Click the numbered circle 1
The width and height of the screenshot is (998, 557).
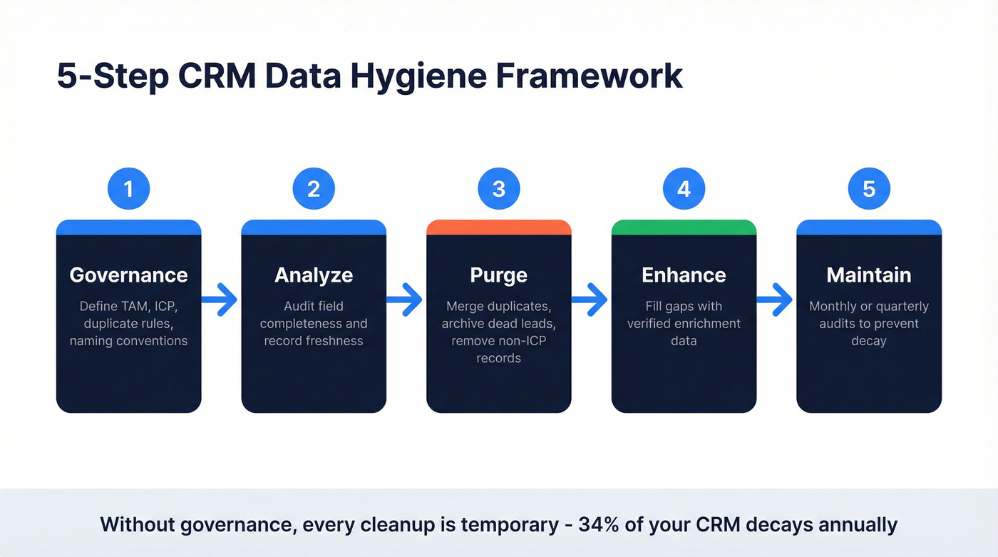(x=128, y=189)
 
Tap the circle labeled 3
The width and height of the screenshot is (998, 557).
(x=499, y=189)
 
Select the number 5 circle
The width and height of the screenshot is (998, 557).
(x=869, y=189)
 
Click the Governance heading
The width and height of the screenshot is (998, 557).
(x=128, y=275)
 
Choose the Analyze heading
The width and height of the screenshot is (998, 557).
(x=314, y=275)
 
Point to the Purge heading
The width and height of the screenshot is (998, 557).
(x=499, y=275)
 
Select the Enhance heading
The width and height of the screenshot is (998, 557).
(x=684, y=275)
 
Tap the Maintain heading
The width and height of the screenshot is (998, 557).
(x=869, y=275)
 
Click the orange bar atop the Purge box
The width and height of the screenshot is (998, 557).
(x=499, y=228)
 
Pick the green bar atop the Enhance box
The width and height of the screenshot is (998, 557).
(x=684, y=228)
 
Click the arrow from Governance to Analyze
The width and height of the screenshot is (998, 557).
(x=220, y=300)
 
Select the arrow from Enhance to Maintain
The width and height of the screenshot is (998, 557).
(x=776, y=300)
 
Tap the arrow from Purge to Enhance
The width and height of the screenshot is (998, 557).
(x=590, y=300)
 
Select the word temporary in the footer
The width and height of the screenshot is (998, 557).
(x=510, y=525)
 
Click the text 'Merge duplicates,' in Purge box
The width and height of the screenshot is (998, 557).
(x=499, y=306)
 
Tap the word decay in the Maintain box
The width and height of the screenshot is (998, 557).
(x=869, y=341)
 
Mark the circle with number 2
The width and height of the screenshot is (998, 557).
(x=314, y=189)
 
